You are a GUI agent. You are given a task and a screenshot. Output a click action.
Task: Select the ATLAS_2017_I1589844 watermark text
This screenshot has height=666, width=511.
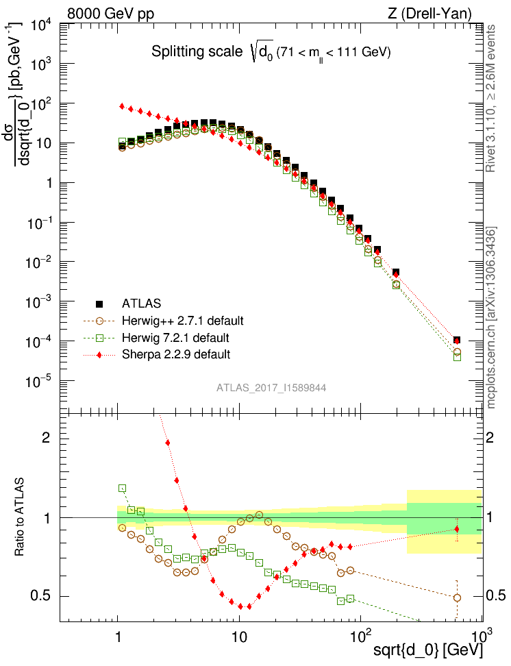coord(271,388)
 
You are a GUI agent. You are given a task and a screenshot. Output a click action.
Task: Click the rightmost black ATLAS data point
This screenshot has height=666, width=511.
coord(457,340)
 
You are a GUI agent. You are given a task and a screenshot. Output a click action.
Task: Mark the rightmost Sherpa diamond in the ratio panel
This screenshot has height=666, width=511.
coord(457,529)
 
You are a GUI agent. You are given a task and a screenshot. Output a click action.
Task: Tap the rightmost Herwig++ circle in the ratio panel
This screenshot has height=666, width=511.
coord(457,597)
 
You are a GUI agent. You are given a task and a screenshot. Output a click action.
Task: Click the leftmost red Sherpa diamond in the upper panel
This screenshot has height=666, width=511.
coord(122,106)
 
